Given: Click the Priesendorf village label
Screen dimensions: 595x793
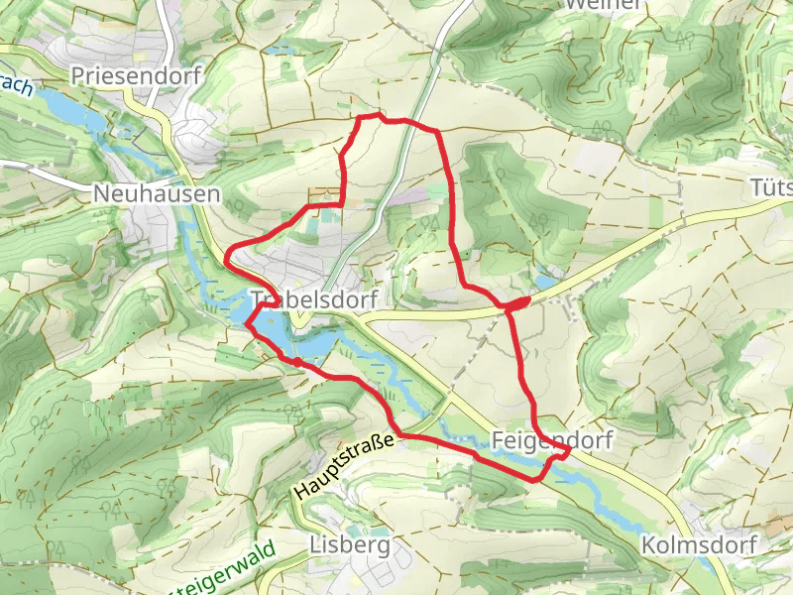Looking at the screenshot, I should (136, 75).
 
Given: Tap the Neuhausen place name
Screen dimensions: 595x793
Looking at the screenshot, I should (157, 194).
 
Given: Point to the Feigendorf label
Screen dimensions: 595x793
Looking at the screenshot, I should (552, 438).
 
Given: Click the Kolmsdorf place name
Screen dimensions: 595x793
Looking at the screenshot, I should (699, 544).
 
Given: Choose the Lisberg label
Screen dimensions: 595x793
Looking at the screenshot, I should (350, 544).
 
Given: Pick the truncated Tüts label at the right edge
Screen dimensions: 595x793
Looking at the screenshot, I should (771, 187).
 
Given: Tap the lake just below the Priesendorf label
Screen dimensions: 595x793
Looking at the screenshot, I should (69, 107).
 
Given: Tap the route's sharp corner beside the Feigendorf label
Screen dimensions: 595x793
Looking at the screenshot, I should (569, 451).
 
